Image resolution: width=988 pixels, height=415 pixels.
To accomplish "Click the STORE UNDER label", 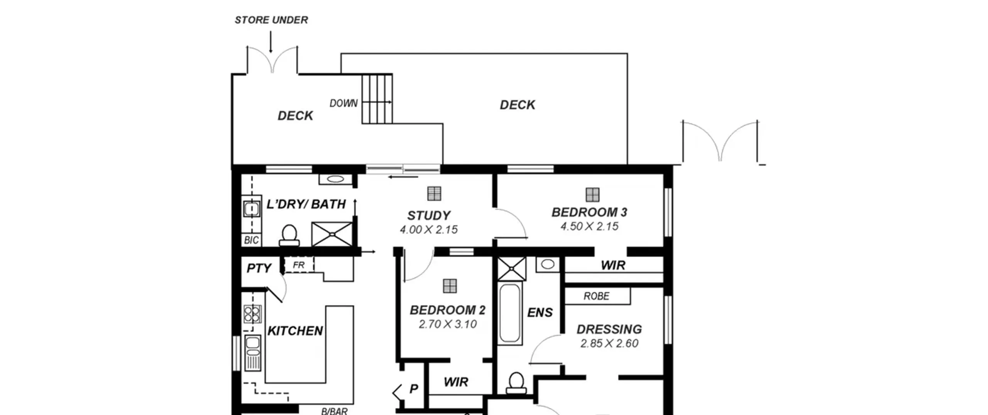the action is [x=271, y=20].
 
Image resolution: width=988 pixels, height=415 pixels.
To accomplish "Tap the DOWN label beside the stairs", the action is [x=343, y=103].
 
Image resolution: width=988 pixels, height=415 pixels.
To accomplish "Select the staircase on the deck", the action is [x=377, y=99].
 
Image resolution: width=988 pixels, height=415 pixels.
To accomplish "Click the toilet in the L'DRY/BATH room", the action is [x=289, y=235].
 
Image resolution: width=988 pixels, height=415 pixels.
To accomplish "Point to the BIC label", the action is [x=251, y=240].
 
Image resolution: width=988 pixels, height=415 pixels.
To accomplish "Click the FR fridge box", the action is [x=298, y=265].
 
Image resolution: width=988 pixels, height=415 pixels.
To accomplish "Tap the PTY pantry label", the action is [x=259, y=268].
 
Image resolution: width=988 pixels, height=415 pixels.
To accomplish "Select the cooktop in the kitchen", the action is [x=252, y=314].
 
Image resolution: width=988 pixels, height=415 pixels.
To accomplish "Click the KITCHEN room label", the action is [x=295, y=331].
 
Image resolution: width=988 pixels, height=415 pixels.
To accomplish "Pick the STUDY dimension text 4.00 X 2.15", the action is [x=429, y=230].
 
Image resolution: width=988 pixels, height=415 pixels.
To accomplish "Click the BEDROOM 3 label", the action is [x=589, y=212].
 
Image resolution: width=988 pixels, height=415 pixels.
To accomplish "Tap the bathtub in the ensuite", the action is [x=509, y=313].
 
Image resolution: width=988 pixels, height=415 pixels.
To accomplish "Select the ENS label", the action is [x=540, y=312].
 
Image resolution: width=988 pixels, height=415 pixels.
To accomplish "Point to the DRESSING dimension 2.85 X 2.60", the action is [x=609, y=343].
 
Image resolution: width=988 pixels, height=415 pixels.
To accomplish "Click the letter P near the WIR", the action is [x=414, y=389].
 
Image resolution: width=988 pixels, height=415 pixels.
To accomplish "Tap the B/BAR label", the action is [x=334, y=411].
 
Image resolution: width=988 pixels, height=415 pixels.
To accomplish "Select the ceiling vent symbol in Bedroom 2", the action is [x=450, y=286].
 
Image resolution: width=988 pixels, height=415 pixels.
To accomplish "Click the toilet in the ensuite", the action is [x=516, y=383].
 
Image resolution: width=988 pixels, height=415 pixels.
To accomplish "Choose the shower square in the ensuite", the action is [x=512, y=269].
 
